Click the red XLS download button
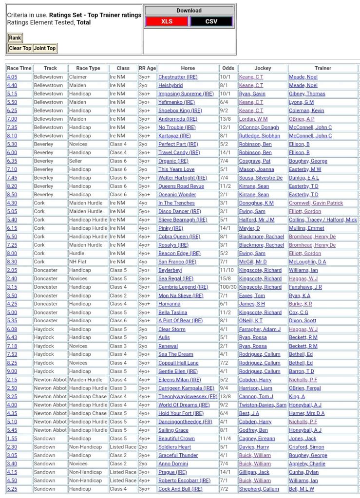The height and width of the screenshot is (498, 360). (x=167, y=21)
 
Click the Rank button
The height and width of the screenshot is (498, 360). (x=15, y=38)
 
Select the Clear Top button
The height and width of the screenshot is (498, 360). (x=20, y=48)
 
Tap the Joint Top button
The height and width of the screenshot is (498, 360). (x=45, y=48)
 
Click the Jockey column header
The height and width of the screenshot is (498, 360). (x=263, y=68)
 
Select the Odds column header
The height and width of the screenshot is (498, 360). (x=227, y=68)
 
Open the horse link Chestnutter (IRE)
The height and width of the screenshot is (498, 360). (x=178, y=77)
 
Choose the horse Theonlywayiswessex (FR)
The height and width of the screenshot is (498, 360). (x=188, y=396)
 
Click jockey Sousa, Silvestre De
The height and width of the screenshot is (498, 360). (x=261, y=178)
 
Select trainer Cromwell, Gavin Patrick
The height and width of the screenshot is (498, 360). (x=316, y=203)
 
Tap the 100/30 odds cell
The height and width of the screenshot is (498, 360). (x=227, y=287)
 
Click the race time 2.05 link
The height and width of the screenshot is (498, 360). (x=12, y=270)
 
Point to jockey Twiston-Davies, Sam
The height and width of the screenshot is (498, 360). (x=263, y=405)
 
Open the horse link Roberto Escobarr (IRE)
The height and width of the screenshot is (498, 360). (x=184, y=480)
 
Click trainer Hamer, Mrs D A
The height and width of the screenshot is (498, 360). (x=306, y=413)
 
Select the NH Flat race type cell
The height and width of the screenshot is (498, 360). (x=80, y=262)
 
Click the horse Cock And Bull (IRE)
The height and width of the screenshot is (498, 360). (x=180, y=489)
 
